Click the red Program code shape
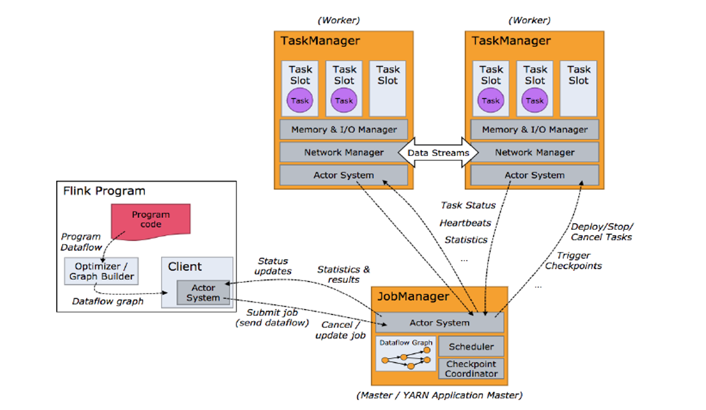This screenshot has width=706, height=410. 150,220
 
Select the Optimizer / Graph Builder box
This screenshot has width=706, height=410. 101,271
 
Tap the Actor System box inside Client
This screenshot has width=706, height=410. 203,292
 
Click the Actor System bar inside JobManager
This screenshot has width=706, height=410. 439,323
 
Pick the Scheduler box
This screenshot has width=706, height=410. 471,347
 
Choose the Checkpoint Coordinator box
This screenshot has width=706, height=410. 471,368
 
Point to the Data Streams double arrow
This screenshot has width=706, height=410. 439,153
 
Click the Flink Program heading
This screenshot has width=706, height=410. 104,192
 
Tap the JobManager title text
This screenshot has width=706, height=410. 412,297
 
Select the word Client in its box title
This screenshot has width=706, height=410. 185,267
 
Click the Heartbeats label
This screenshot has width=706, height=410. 465,223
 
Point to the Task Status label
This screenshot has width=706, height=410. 468,205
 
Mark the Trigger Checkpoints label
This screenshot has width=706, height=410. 573,261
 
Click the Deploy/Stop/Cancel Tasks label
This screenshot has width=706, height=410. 602,232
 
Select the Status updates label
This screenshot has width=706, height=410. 274,266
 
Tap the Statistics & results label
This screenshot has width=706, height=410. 343,275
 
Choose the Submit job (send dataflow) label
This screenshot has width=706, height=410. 272,318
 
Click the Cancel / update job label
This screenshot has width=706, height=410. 340,330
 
